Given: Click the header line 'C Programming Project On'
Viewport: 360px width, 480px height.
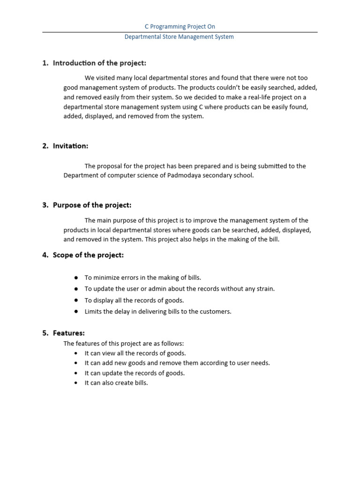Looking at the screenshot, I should pos(180,27).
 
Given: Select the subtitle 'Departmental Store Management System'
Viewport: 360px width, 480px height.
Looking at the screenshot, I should pos(179,37).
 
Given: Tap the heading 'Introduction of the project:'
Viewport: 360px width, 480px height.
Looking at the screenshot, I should pos(99,63).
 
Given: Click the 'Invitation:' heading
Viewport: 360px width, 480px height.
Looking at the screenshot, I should pos(70,146).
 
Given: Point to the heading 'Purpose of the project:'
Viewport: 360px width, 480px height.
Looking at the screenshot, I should pos(92,205).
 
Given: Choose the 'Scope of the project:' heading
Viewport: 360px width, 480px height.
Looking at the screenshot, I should pos(88,255).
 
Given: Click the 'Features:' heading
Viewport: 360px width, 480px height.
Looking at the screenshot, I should pos(68,333).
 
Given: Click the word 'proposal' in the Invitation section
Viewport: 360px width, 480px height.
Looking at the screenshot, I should pos(108,165).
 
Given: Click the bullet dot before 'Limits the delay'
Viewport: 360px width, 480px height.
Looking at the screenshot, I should pos(76,311).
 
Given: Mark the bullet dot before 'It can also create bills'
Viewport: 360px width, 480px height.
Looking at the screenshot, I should pos(76,383).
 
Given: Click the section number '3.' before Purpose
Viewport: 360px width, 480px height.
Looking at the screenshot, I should pos(45,205).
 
